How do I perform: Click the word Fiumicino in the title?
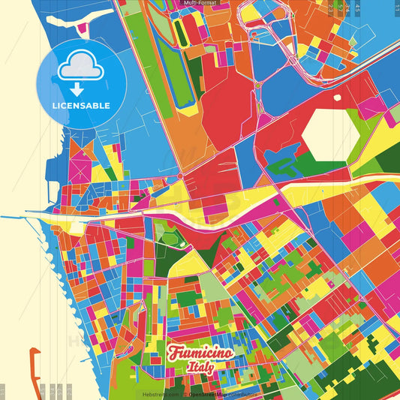[x=200, y=353]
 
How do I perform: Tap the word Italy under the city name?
[x=200, y=368]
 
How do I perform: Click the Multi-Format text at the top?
[x=200, y=4]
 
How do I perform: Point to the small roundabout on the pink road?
[x=180, y=176]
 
